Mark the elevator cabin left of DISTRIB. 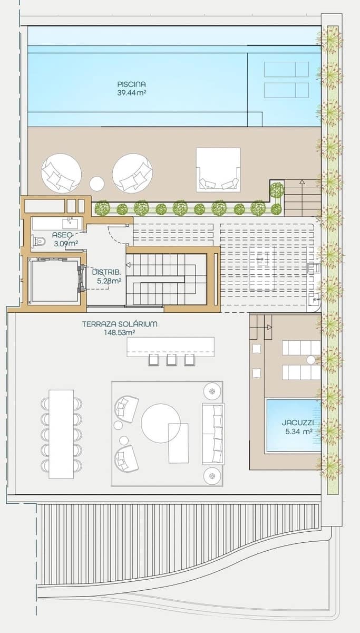(53, 280)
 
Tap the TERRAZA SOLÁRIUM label (119, 324)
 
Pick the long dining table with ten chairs (61, 434)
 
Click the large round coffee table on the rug (160, 423)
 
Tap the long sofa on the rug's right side (213, 434)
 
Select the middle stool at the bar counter (171, 360)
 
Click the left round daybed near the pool (61, 174)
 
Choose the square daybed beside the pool (218, 169)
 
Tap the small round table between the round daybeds (96, 184)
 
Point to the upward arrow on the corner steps (302, 183)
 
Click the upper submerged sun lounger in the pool (286, 69)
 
